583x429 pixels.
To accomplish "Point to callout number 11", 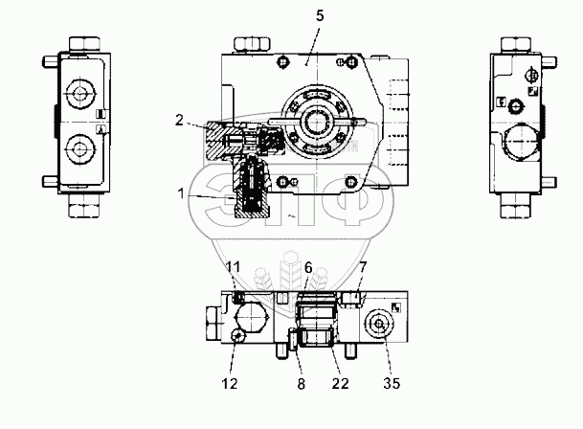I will pyautogui.click(x=234, y=264).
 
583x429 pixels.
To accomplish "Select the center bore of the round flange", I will pyautogui.click(x=315, y=122).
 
